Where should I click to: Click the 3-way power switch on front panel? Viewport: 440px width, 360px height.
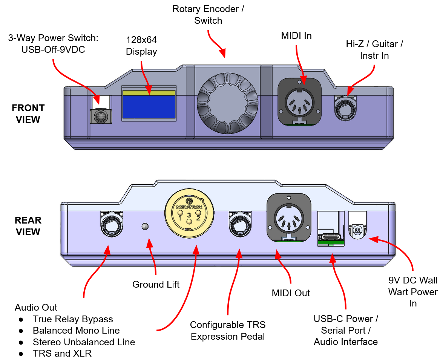[x=101, y=116]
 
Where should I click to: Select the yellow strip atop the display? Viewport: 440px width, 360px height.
[x=149, y=92]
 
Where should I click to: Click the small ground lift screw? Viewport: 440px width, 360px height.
[x=144, y=226]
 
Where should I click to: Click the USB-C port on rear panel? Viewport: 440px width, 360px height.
[x=331, y=237]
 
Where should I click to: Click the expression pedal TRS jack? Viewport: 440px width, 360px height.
[x=239, y=224]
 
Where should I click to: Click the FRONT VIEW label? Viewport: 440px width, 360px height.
[x=28, y=114]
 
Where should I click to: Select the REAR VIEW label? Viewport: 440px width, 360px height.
[x=28, y=226]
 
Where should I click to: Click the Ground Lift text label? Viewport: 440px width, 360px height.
[x=156, y=285]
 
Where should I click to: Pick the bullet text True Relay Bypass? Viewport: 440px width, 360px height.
[x=73, y=319]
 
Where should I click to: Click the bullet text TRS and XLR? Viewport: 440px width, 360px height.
[x=62, y=354]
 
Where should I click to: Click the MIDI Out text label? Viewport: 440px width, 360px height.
[x=291, y=293]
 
